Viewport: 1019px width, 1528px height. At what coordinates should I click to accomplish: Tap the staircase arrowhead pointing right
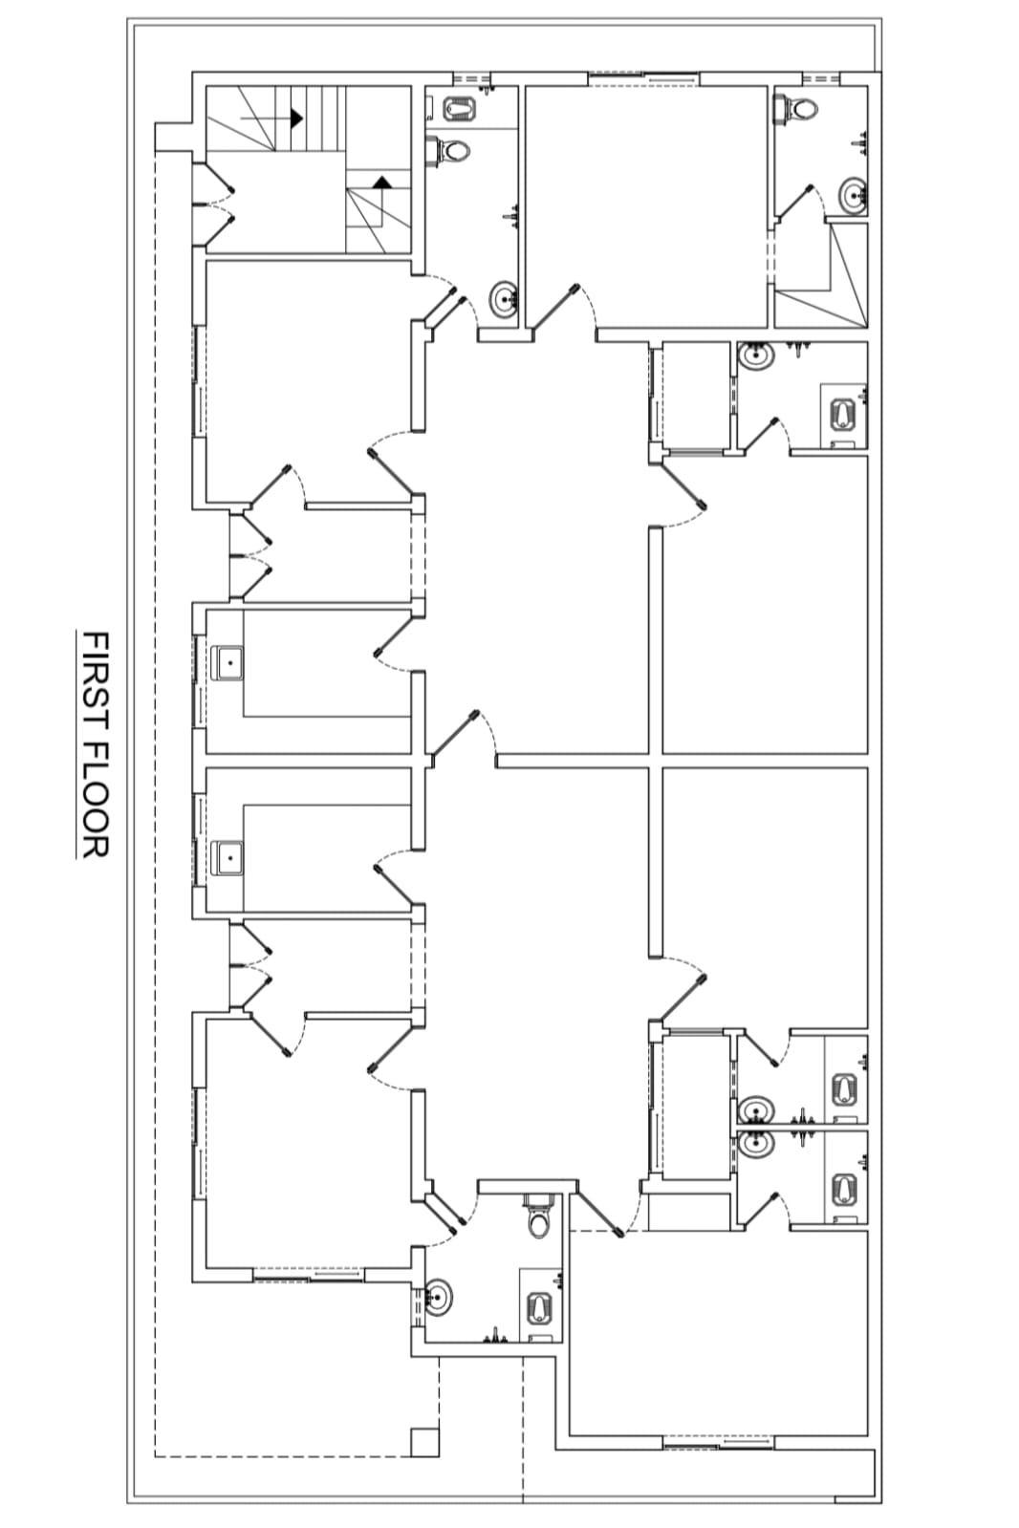[296, 118]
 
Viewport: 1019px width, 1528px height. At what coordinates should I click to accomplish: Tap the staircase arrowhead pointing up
[382, 182]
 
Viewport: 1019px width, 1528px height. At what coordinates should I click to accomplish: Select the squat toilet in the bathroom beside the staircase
[461, 108]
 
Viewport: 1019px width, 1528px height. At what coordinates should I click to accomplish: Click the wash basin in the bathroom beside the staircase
[504, 300]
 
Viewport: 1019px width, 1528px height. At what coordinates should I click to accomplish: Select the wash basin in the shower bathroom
[853, 197]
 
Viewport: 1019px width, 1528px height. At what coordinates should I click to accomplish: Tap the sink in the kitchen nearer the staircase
[229, 663]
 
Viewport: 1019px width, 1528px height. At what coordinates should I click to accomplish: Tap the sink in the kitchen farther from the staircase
[229, 857]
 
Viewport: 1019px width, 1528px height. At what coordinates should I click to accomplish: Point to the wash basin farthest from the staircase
[439, 1297]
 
